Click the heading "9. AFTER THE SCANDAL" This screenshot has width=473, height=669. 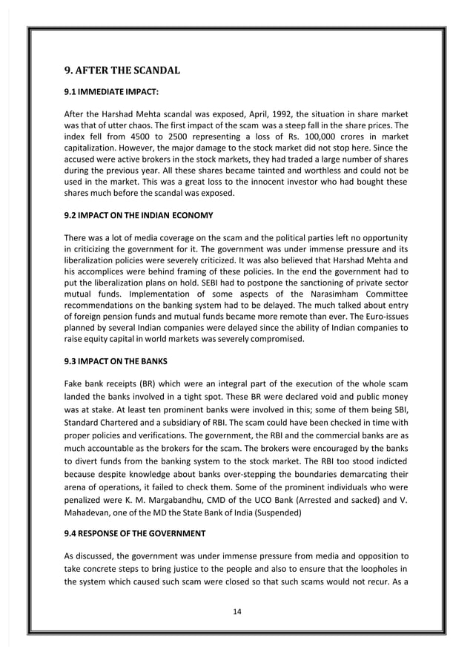click(122, 72)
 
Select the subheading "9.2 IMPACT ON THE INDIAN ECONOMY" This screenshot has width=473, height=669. click(139, 216)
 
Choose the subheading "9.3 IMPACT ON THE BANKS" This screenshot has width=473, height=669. click(115, 361)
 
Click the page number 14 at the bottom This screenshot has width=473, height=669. click(236, 612)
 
